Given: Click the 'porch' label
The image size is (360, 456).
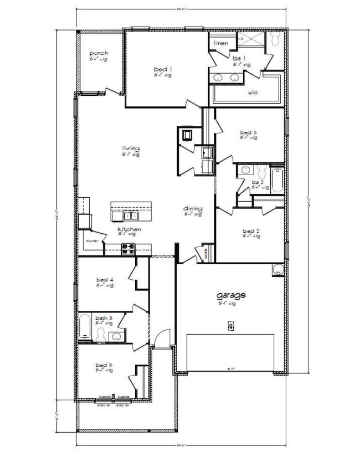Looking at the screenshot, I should (99, 53).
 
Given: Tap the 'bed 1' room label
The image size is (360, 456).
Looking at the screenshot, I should (162, 69).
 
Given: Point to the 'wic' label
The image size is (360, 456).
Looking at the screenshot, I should (253, 93).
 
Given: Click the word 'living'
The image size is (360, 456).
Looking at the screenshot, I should (131, 148).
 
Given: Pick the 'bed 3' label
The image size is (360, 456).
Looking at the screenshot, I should (248, 132).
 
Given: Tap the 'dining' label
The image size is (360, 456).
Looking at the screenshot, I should (193, 208).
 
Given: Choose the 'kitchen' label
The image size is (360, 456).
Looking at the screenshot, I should (128, 229).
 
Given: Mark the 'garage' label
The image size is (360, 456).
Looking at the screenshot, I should (230, 296).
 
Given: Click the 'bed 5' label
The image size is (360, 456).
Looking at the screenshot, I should (104, 365).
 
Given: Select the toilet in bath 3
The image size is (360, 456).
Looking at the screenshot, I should (101, 334).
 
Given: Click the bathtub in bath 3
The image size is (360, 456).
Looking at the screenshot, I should (85, 327).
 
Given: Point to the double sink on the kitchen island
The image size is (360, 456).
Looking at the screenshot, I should (131, 212).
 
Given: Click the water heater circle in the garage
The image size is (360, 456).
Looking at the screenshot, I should (277, 271).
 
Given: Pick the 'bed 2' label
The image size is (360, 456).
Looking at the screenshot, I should (250, 231).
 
